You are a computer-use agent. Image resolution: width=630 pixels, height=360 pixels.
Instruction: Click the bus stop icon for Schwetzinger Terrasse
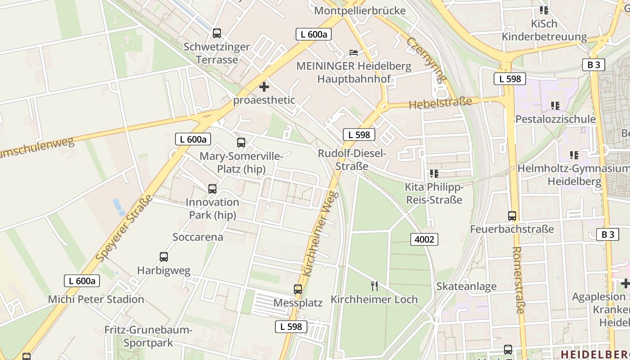pos(217,33)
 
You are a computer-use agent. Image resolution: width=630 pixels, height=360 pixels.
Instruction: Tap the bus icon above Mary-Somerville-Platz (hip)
pos(241,143)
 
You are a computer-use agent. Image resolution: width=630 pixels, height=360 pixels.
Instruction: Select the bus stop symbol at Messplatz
pos(298,289)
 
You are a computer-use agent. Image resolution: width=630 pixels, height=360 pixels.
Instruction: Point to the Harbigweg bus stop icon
pos(164,257)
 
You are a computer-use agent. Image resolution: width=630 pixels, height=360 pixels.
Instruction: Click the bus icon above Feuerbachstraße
pos(512,216)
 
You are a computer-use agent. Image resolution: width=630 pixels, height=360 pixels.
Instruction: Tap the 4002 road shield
pos(424,239)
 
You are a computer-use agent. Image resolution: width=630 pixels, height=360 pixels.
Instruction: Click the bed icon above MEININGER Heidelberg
pos(354,53)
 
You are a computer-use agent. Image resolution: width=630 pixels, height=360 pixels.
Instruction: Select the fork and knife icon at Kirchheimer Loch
pos(374,285)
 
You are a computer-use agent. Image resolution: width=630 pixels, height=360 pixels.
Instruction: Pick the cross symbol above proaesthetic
pos(264,87)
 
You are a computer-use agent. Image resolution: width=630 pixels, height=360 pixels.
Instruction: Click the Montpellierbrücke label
pos(360,10)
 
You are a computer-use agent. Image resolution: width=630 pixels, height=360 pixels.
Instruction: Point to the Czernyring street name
pos(427,59)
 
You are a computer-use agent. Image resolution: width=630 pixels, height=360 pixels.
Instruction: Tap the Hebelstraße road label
pos(440,103)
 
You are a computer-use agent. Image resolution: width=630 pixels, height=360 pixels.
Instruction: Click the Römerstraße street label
pos(518,279)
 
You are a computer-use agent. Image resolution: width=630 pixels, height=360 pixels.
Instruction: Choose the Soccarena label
pos(198,237)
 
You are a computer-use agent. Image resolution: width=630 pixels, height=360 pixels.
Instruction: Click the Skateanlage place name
pos(466,286)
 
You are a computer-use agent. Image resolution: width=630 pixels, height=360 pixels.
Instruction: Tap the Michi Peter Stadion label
pos(96,299)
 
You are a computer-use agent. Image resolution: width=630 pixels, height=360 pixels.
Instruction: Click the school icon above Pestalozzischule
pos(555,106)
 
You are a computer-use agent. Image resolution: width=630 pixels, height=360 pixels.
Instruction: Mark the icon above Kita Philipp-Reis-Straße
pos(434,173)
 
